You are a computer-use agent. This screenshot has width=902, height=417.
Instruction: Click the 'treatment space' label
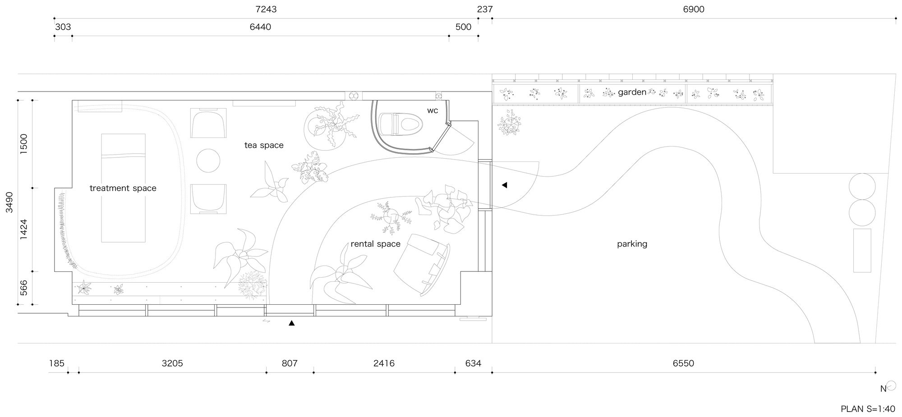coord(123,188)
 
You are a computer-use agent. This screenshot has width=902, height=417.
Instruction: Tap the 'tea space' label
coord(264,145)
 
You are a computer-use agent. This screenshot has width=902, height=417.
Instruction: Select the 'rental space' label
coord(375,244)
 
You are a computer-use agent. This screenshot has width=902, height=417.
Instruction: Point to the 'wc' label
coord(433,110)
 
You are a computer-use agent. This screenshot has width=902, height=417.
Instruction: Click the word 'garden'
coord(632,92)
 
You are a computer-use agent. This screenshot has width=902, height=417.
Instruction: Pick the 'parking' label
coord(632,244)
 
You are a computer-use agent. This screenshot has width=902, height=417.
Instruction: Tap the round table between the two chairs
coord(208,160)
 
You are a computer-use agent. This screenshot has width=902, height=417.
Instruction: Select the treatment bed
coord(123,188)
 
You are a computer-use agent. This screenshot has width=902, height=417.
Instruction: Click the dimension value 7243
coord(266,9)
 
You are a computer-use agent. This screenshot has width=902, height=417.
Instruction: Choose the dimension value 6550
coord(683,363)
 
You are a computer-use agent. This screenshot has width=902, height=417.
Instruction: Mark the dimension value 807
coord(290,363)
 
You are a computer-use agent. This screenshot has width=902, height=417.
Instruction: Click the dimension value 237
coord(484,9)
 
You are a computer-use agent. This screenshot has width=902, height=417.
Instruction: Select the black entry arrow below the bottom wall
coord(292,323)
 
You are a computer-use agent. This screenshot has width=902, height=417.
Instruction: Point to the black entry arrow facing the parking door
coord(504,185)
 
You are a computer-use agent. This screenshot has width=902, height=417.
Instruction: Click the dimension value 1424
coord(24,229)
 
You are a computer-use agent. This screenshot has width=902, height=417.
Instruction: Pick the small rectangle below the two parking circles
coord(862,250)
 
